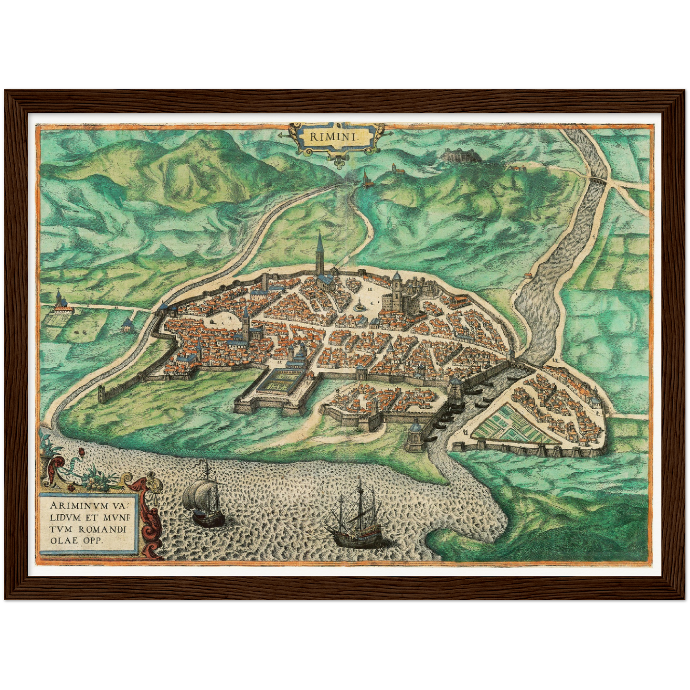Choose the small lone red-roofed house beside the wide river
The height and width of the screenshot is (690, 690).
[x=528, y=275]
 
